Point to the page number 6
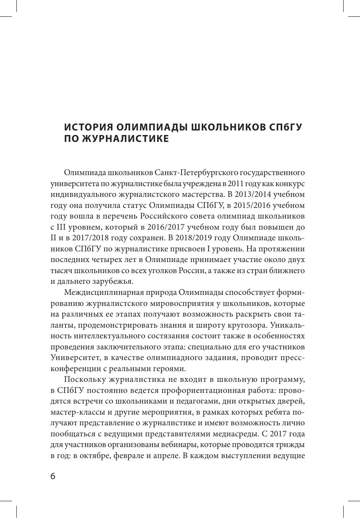click(x=53, y=476)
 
